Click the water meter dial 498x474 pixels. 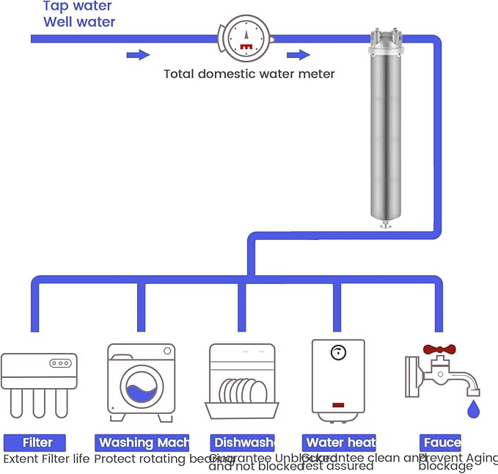pyautogui.click(x=246, y=37)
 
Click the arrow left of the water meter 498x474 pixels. pyautogui.click(x=138, y=54)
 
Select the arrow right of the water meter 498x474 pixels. pyautogui.click(x=298, y=54)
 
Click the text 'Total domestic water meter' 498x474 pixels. pyautogui.click(x=249, y=73)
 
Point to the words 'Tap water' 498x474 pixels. pyautogui.click(x=77, y=6)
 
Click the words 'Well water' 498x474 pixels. pyautogui.click(x=79, y=22)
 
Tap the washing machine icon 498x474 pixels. pyautogui.click(x=141, y=382)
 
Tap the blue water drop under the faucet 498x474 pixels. pyautogui.click(x=473, y=407)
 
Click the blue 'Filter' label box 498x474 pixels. pyautogui.click(x=34, y=442)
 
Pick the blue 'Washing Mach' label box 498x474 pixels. pyautogui.click(x=142, y=442)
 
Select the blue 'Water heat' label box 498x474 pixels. pyautogui.click(x=339, y=442)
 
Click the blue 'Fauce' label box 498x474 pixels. pyautogui.click(x=440, y=442)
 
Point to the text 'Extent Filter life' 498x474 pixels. pyautogui.click(x=46, y=459)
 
